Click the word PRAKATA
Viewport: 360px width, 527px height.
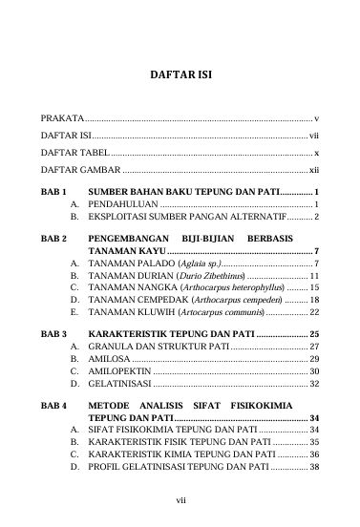pyautogui.click(x=62, y=116)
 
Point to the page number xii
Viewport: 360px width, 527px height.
pyautogui.click(x=313, y=170)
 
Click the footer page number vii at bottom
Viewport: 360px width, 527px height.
pyautogui.click(x=180, y=496)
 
